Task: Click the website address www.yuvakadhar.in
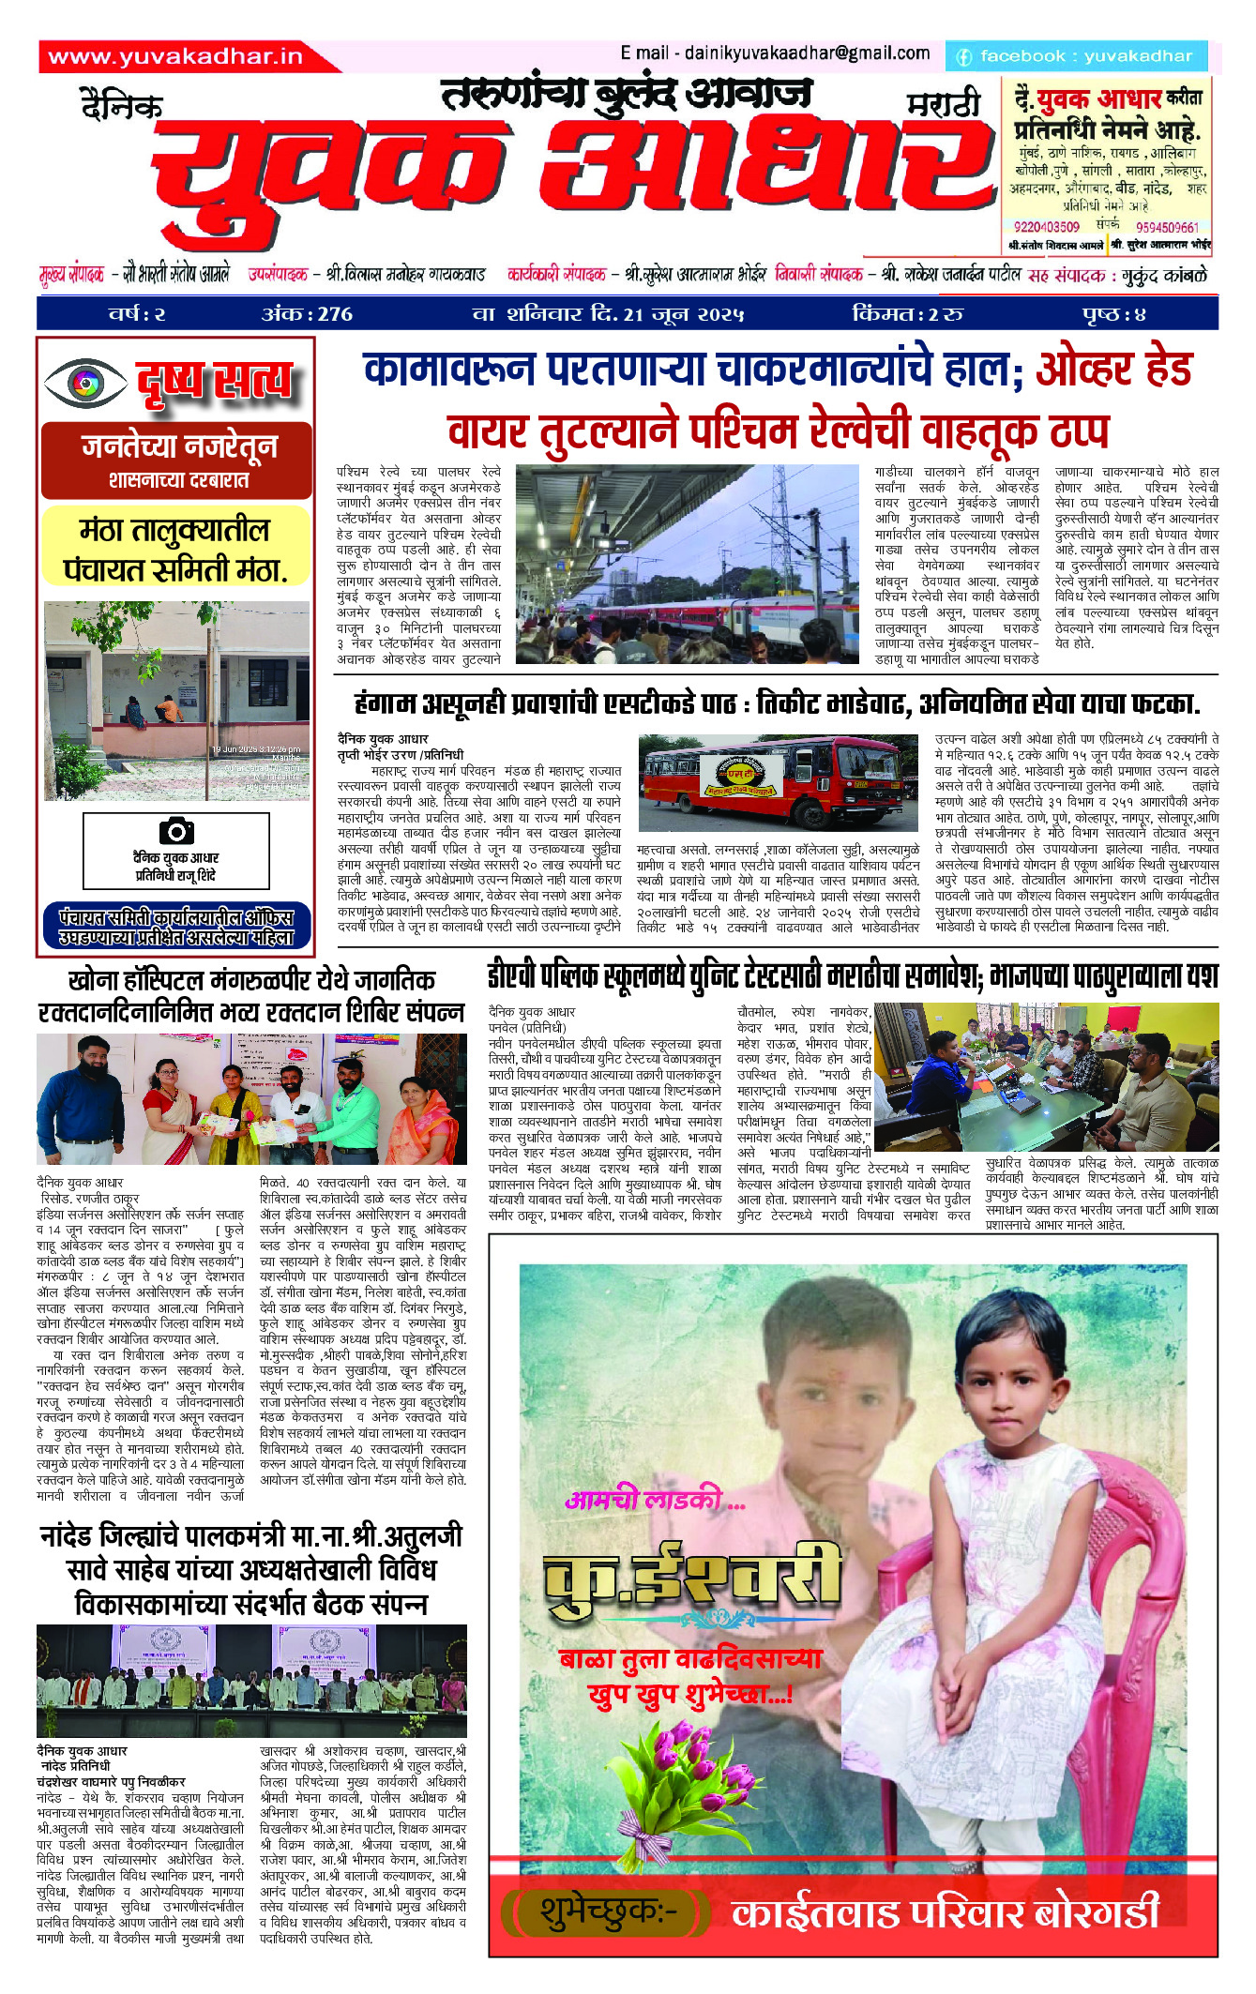point(175,57)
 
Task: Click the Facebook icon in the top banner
point(963,57)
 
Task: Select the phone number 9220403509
point(1047,227)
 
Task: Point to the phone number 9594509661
point(1167,227)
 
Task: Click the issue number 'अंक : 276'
point(307,314)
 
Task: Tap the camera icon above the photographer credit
point(175,830)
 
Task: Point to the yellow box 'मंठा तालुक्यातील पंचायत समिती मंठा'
point(175,550)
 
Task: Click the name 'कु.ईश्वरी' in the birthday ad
point(692,1579)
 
